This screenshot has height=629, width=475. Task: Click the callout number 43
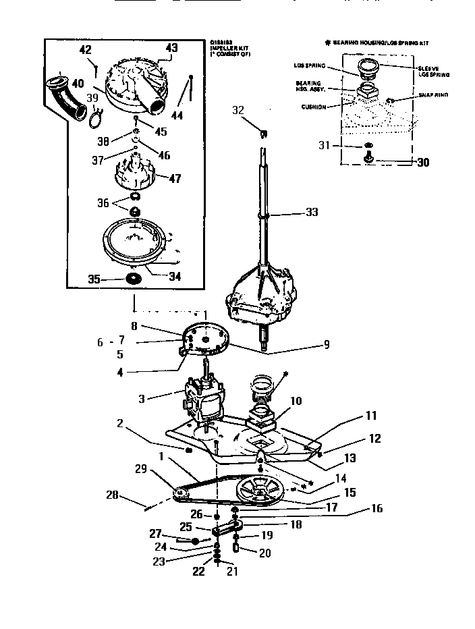click(171, 48)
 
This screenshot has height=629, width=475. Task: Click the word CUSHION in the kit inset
click(314, 107)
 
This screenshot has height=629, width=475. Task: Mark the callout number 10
click(296, 401)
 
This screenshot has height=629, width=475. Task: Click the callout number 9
click(327, 344)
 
